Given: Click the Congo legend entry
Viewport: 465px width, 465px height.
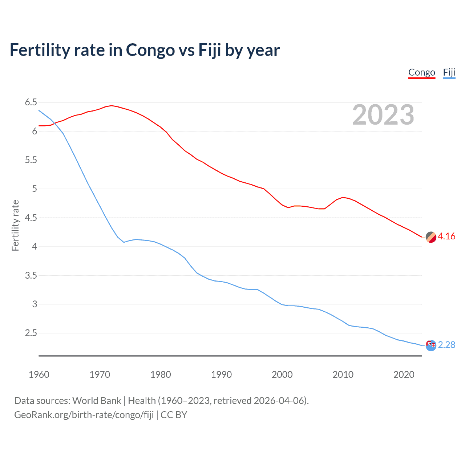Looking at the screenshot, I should (421, 72).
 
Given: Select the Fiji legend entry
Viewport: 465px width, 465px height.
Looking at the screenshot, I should (449, 72).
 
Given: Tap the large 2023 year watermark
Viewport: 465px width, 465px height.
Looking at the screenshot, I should (383, 115).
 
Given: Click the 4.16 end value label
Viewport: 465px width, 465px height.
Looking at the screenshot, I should (446, 236).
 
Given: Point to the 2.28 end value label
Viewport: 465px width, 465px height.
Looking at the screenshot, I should (446, 345).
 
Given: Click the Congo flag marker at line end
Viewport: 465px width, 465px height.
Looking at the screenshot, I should (431, 237).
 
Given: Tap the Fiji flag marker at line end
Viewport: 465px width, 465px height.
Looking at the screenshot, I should (431, 345).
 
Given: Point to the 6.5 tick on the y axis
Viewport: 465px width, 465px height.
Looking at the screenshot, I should (31, 102).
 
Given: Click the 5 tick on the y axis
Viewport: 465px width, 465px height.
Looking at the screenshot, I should (35, 189).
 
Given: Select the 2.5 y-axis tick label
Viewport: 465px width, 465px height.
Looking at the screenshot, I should (31, 333).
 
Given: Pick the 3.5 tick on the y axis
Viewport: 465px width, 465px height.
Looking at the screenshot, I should (31, 275).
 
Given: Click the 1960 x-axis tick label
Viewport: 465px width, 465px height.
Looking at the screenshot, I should (39, 375).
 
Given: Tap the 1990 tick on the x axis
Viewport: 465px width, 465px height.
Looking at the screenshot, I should (221, 375).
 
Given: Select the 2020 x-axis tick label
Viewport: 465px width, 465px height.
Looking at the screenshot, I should (404, 375).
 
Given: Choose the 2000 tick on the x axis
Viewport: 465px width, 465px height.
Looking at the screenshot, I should (282, 375).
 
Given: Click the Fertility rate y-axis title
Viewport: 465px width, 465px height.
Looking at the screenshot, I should (15, 225).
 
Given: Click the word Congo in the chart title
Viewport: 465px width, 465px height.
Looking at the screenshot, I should (150, 50).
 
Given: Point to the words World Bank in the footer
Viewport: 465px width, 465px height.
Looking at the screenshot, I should (97, 401).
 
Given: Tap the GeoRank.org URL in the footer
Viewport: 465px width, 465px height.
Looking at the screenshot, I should (84, 415).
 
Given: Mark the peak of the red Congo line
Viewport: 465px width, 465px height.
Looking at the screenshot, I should (112, 106).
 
